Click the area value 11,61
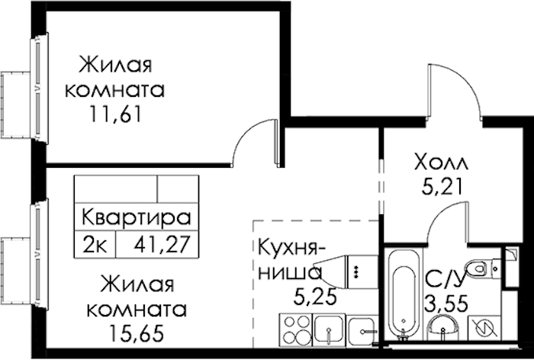click(x=115, y=114)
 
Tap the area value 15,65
click(x=137, y=333)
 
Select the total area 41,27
click(x=162, y=244)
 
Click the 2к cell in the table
click(x=95, y=245)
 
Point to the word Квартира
click(x=137, y=217)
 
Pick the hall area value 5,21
click(x=442, y=186)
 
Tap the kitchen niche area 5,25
click(x=315, y=297)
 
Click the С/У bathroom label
click(x=445, y=280)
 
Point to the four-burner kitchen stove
click(x=295, y=329)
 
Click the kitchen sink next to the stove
click(x=329, y=329)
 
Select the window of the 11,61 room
click(x=39, y=87)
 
